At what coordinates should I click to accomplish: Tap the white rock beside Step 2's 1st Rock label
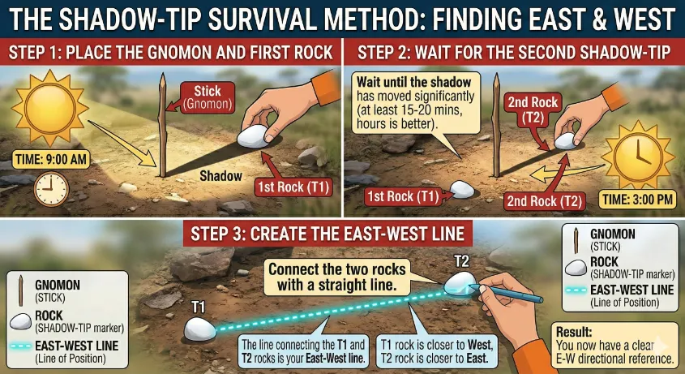tap(463, 190)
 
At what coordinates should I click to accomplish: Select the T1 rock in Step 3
tap(199, 329)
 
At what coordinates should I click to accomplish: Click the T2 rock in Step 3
tap(461, 282)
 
